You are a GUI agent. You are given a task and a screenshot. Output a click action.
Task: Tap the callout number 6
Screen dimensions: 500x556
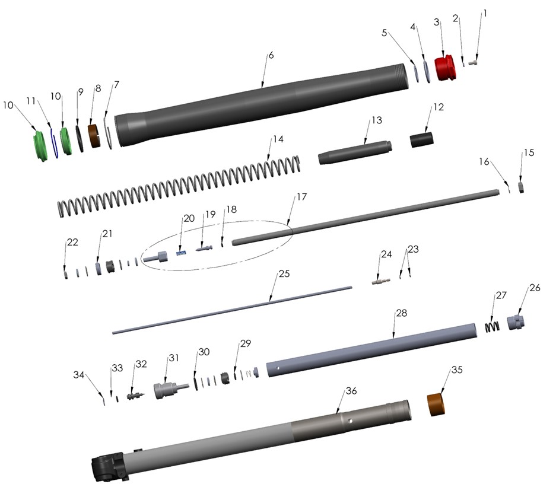[x=271, y=55]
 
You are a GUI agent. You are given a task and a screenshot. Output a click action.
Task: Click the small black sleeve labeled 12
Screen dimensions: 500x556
[x=421, y=141]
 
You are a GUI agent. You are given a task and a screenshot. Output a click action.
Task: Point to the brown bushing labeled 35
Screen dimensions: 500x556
[x=437, y=403]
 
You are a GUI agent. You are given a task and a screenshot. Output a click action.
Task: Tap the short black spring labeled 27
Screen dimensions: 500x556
[x=492, y=326]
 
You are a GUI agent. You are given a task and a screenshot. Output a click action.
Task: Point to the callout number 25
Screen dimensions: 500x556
[x=284, y=274]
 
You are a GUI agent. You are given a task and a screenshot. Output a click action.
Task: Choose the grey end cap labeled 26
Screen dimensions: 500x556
[x=516, y=323]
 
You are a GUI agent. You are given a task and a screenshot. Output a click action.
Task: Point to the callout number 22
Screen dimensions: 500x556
[x=72, y=243]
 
